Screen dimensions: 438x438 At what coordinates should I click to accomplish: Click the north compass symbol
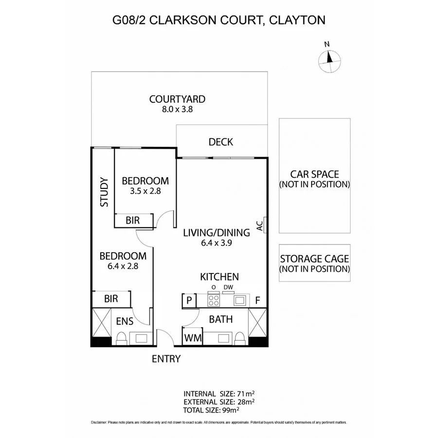coord(328,59)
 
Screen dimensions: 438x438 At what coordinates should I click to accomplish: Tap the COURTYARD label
coord(177,99)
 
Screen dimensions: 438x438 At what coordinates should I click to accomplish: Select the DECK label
coord(220,142)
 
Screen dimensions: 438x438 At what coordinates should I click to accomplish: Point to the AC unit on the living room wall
coord(263,225)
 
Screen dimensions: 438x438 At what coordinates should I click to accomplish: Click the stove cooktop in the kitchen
coord(213,300)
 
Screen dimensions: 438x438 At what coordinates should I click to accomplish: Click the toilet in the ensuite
coord(121,339)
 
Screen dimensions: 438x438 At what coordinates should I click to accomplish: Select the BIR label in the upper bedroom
coord(132,220)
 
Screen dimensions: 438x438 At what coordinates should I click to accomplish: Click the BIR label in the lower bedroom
coord(111,299)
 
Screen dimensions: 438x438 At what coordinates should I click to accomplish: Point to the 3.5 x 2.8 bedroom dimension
coord(146,191)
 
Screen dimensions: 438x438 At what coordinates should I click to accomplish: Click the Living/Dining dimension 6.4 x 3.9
coord(216,243)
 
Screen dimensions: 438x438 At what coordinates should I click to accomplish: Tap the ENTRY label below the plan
coord(166,359)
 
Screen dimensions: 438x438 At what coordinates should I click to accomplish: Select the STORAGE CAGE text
coord(314,259)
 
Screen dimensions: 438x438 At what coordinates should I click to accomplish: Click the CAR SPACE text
coord(314,174)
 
